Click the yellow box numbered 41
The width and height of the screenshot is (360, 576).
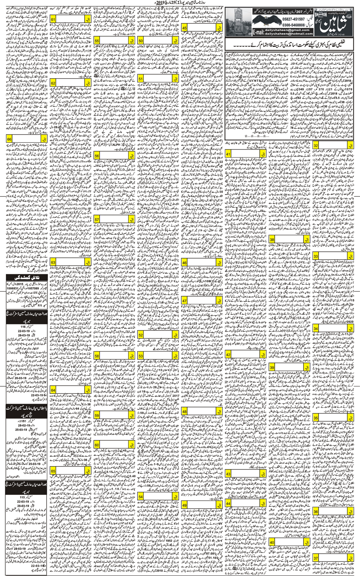pos(228,154)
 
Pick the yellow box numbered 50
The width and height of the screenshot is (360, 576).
pos(140,41)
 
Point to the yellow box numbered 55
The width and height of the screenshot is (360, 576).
pos(97,41)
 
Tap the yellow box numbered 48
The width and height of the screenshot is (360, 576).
pos(184,411)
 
